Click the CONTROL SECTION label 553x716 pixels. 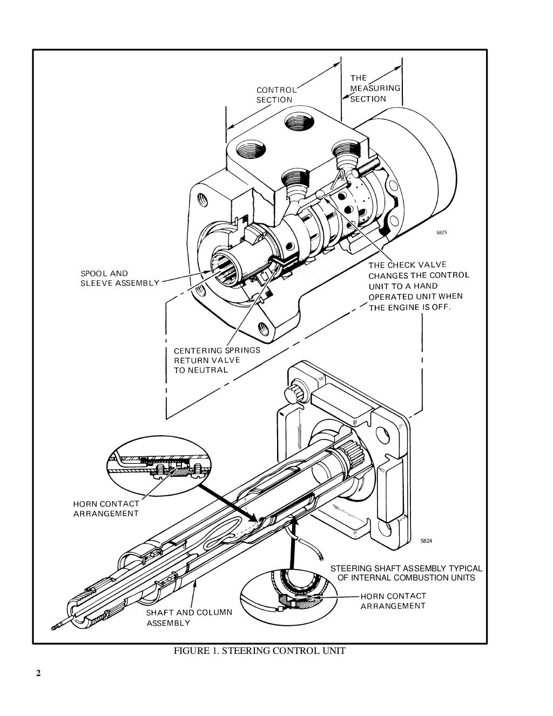pyautogui.click(x=275, y=95)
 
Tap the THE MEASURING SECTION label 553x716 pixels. pyautogui.click(x=375, y=88)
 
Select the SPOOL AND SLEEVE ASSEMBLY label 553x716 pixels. pyautogui.click(x=120, y=278)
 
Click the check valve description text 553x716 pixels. pyautogui.click(x=419, y=286)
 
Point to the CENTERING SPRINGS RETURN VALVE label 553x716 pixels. pyautogui.click(x=217, y=360)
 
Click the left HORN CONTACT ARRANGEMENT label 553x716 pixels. pyautogui.click(x=106, y=509)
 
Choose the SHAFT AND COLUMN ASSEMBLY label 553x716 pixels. pyautogui.click(x=189, y=618)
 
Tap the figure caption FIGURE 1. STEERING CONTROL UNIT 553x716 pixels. pyautogui.click(x=259, y=651)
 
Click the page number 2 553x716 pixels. pyautogui.click(x=38, y=673)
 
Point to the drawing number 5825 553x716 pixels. pyautogui.click(x=442, y=233)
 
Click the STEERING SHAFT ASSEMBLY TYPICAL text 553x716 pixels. pyautogui.click(x=406, y=573)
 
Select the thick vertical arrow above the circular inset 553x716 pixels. pyautogui.click(x=293, y=543)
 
